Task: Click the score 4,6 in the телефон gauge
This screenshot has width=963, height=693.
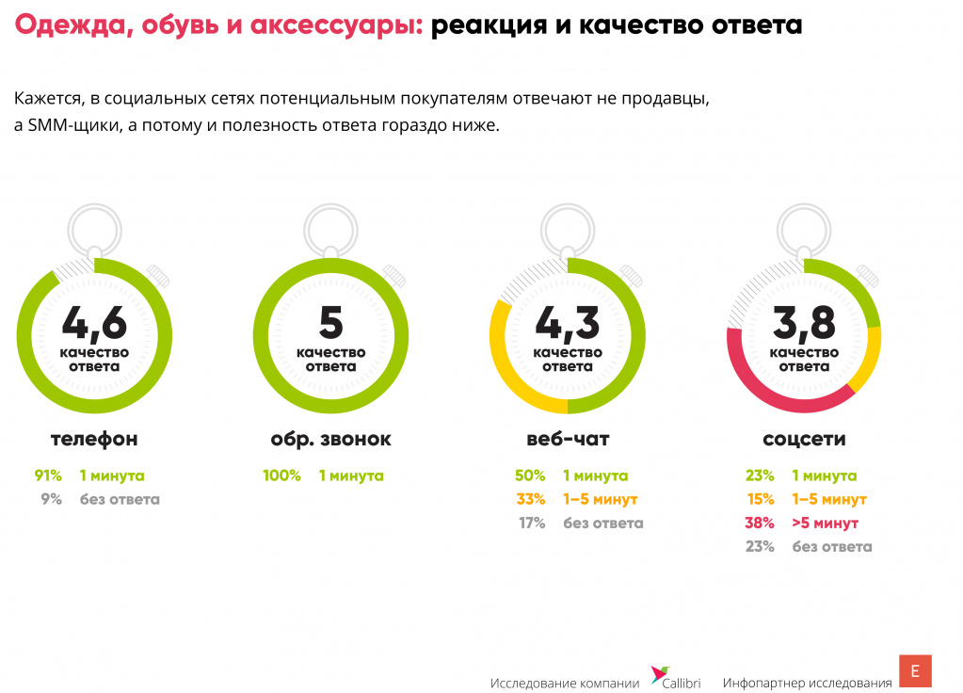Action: [x=94, y=323]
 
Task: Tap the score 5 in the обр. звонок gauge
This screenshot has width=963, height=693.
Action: [x=330, y=323]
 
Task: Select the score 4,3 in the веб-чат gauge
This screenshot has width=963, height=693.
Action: [x=567, y=323]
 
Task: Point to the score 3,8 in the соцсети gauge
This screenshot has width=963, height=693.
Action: [x=804, y=323]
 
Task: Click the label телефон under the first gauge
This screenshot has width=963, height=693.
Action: [x=94, y=439]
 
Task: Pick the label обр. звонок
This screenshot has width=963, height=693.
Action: [x=330, y=439]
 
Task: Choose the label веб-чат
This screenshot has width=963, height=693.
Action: [x=568, y=439]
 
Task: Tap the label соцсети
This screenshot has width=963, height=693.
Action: [x=804, y=439]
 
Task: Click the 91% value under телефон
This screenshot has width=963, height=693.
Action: [x=48, y=476]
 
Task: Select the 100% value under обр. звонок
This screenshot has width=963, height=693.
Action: [x=281, y=476]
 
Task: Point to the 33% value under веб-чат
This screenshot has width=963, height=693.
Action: [x=530, y=500]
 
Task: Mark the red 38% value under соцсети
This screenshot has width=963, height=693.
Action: [x=759, y=524]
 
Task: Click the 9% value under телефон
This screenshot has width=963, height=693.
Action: [x=51, y=500]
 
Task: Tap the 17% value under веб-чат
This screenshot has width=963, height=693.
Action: [x=531, y=524]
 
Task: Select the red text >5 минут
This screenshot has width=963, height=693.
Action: [x=825, y=524]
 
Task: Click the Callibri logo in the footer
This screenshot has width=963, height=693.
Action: [x=676, y=680]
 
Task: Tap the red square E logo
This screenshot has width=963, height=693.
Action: [x=915, y=671]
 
